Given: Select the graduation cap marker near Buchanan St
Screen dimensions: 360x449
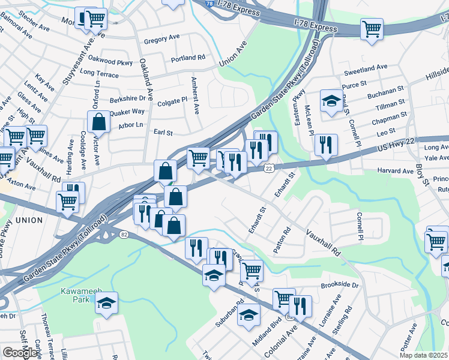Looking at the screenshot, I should (331, 100).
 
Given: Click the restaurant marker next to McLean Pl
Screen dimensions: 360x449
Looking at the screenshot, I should (326, 144).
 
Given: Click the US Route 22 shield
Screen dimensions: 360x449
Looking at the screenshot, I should (270, 170).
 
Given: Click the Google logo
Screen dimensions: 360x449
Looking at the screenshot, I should (20, 352).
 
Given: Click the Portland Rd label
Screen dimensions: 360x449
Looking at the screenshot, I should (188, 58).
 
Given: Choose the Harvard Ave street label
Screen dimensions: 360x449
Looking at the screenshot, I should (396, 171).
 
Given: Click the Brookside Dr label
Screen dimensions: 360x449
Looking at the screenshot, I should (340, 286).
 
